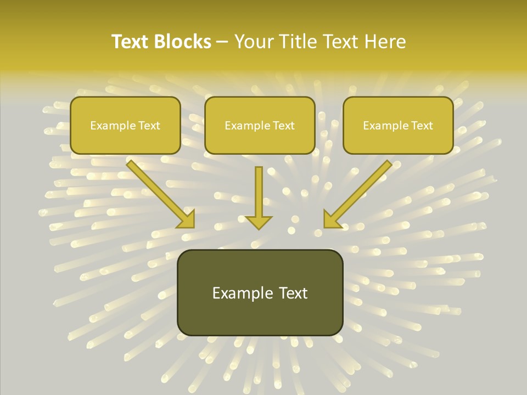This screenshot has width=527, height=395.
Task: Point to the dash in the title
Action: (x=222, y=43)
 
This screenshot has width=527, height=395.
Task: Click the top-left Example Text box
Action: (x=125, y=125)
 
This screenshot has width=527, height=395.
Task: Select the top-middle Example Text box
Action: (x=260, y=125)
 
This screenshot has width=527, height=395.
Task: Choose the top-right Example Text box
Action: (x=398, y=125)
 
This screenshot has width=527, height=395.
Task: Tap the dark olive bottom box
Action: (x=260, y=292)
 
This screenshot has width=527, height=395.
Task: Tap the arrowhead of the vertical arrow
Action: (x=259, y=222)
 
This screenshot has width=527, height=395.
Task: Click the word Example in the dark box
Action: (x=239, y=293)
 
